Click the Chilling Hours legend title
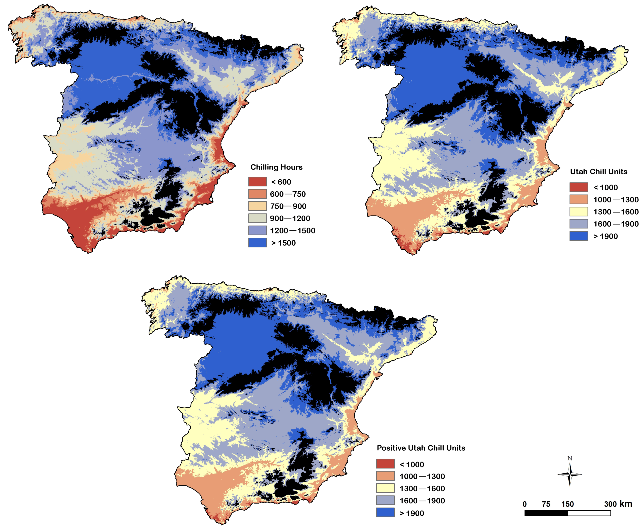click(x=276, y=167)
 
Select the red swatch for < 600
click(x=257, y=182)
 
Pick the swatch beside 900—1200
click(x=257, y=218)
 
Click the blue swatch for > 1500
click(x=257, y=243)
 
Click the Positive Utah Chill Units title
click(x=421, y=448)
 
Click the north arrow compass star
click(x=569, y=475)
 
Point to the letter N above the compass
click(x=569, y=458)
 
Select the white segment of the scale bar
click(x=589, y=513)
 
